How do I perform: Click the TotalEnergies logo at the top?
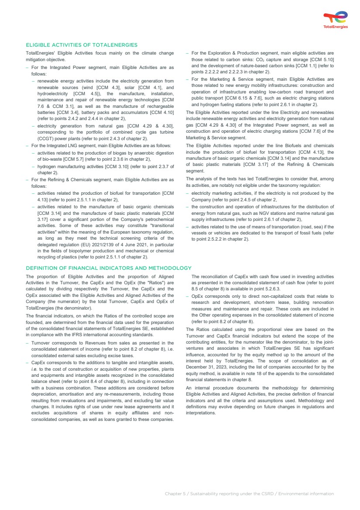coord(336,20)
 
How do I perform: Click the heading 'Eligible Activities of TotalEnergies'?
coord(82,45)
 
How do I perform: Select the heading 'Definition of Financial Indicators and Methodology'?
coord(109,268)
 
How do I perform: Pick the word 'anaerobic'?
coord(140,153)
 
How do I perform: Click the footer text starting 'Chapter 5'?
coord(249,493)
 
